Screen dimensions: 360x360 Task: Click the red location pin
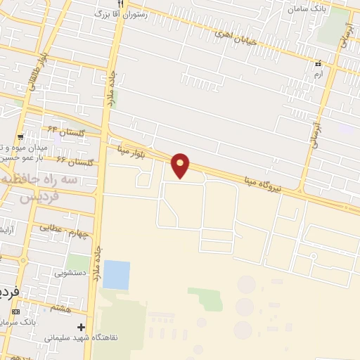coord(181,165)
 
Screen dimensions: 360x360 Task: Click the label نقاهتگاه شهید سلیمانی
coord(79,338)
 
